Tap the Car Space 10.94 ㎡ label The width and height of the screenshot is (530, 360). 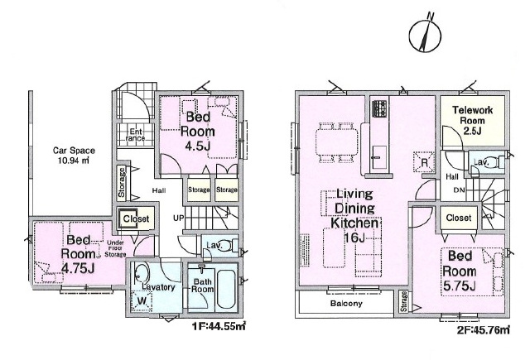pyautogui.click(x=74, y=156)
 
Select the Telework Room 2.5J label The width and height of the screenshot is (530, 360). pyautogui.click(x=472, y=120)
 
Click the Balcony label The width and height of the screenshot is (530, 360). pyautogui.click(x=346, y=303)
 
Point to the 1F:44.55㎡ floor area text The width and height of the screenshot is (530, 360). pyautogui.click(x=219, y=327)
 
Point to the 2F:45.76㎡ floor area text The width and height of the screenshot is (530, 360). pyautogui.click(x=483, y=329)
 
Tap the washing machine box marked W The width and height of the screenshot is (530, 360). pyautogui.click(x=141, y=300)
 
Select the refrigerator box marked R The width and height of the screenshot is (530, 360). pyautogui.click(x=424, y=161)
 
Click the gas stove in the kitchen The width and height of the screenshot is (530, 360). pyautogui.click(x=379, y=108)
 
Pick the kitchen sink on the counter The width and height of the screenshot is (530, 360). pyautogui.click(x=379, y=158)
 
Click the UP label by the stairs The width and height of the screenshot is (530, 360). pyautogui.click(x=179, y=218)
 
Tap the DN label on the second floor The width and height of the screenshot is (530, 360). pyautogui.click(x=459, y=190)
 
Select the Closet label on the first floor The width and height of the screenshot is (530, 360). pyautogui.click(x=136, y=218)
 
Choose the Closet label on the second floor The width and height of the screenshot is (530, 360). pyautogui.click(x=459, y=218)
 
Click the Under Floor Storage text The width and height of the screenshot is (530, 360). pyautogui.click(x=115, y=248)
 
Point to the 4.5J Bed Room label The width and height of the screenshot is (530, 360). pyautogui.click(x=198, y=131)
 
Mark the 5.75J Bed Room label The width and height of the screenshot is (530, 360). pyautogui.click(x=460, y=271)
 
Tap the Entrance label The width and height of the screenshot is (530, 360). pyautogui.click(x=135, y=135)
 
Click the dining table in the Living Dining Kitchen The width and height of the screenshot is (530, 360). pyautogui.click(x=336, y=142)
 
